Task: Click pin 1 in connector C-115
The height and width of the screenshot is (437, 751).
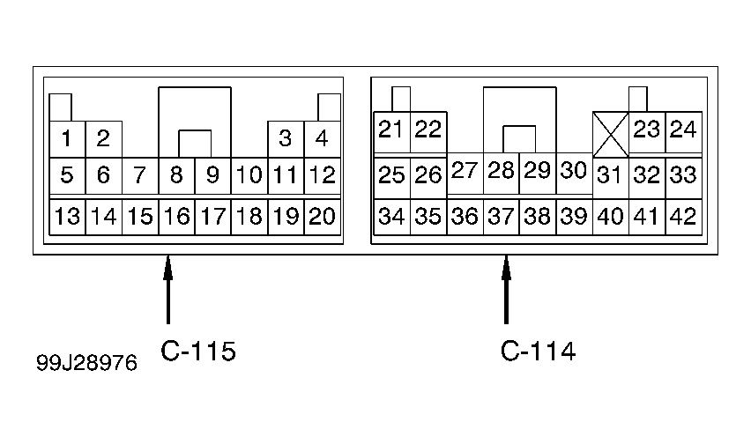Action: click(x=67, y=139)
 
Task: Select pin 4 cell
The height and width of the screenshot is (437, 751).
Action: click(x=323, y=139)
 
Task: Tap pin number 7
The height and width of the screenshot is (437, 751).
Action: click(x=140, y=175)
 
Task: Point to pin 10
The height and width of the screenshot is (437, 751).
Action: click(x=249, y=175)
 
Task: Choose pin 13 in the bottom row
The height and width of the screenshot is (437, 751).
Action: click(x=67, y=217)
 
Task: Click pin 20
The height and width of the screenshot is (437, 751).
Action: click(x=323, y=217)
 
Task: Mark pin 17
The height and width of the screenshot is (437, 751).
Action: click(x=212, y=217)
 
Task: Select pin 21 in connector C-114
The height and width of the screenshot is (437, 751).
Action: click(x=391, y=130)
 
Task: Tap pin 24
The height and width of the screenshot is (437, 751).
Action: click(x=683, y=130)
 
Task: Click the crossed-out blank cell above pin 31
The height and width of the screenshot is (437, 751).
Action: click(x=611, y=134)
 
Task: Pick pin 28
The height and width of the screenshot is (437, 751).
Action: click(x=501, y=171)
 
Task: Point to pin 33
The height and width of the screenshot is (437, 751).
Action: click(x=683, y=175)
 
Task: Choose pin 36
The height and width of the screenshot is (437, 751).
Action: click(x=465, y=217)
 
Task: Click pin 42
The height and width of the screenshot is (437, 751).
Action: click(x=683, y=217)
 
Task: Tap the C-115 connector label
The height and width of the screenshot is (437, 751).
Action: click(x=198, y=351)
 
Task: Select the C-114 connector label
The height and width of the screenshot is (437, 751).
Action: click(x=538, y=351)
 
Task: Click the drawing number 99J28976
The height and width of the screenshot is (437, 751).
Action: click(x=86, y=363)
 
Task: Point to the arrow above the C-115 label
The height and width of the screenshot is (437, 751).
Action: click(x=167, y=290)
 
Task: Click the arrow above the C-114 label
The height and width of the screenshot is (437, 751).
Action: click(x=506, y=290)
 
